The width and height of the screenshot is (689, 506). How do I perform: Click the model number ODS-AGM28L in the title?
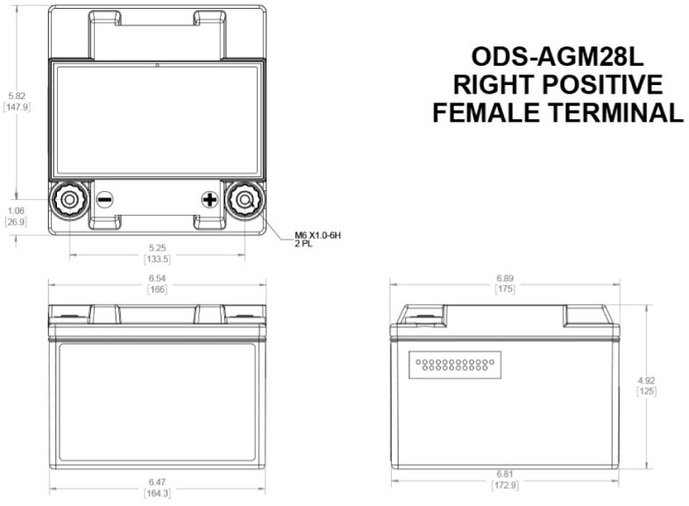(x=558, y=57)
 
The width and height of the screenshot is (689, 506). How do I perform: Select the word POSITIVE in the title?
(x=602, y=84)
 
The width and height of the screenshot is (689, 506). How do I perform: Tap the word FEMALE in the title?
(x=486, y=112)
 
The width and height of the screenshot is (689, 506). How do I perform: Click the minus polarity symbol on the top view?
(x=104, y=200)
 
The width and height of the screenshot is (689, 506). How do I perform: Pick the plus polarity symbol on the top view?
(x=210, y=200)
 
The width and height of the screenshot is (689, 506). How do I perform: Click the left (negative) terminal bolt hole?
(x=69, y=200)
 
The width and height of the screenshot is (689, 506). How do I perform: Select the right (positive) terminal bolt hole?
(x=245, y=200)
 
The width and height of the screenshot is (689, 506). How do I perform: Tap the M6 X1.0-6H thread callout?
(x=317, y=236)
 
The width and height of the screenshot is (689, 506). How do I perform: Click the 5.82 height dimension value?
(x=17, y=96)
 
